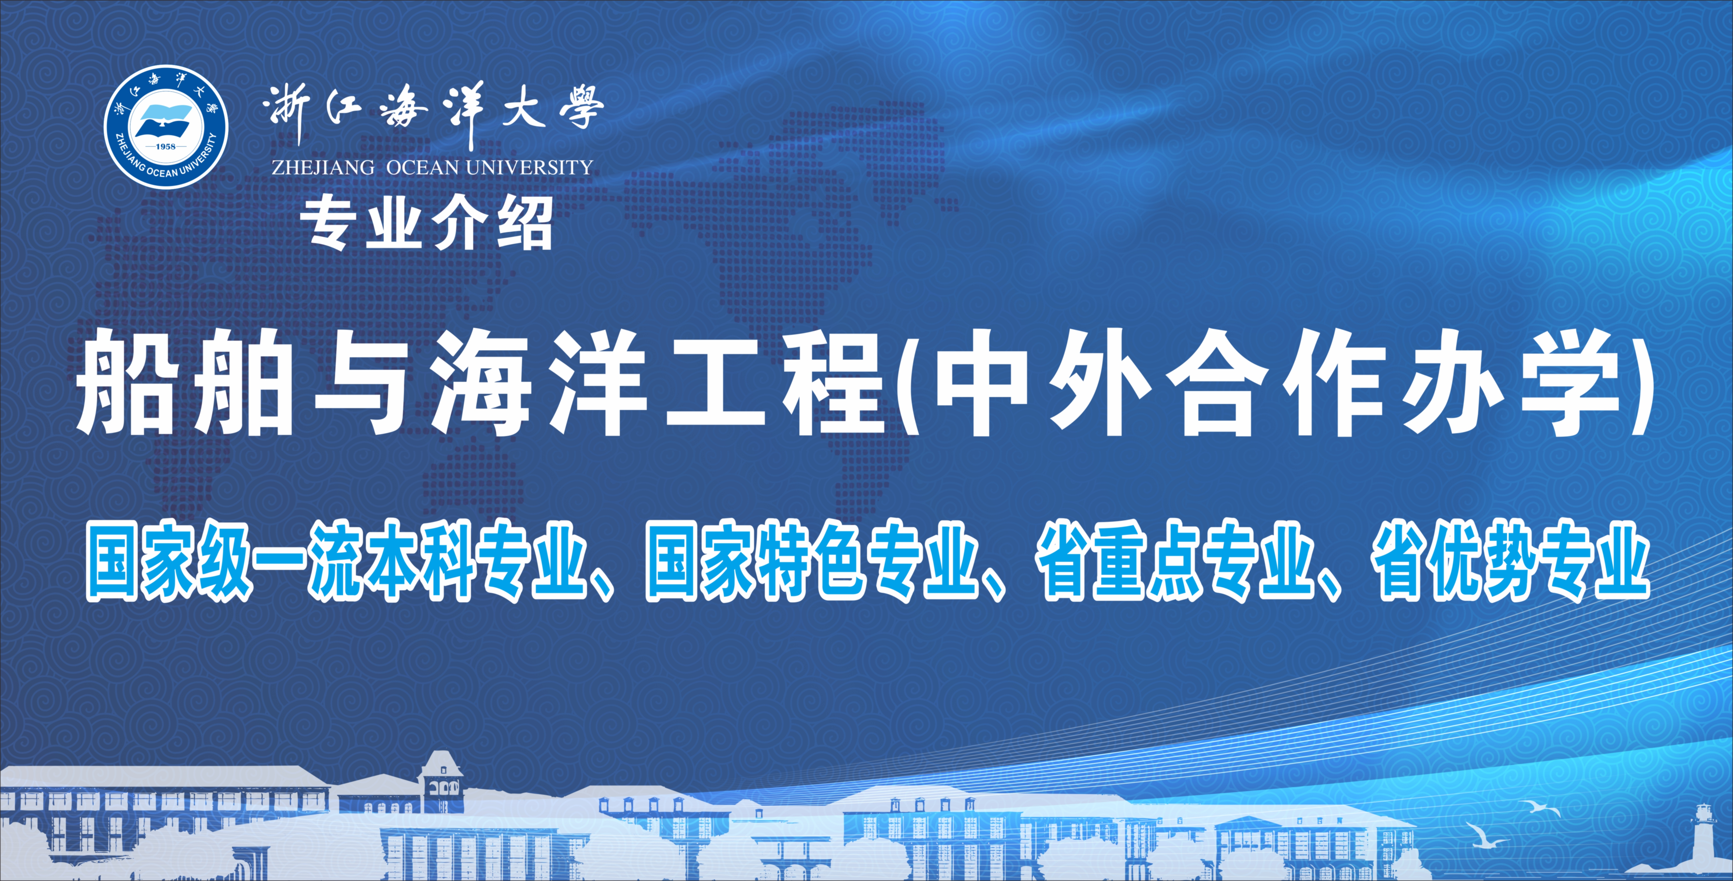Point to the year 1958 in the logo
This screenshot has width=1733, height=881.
166,146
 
